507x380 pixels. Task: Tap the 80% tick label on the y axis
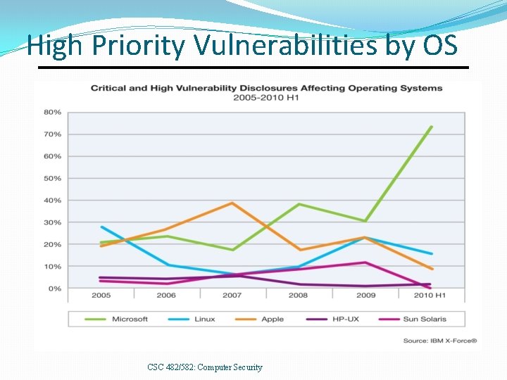(x=53, y=113)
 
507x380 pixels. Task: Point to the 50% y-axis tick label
(x=53, y=179)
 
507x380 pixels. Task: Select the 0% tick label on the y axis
(x=55, y=289)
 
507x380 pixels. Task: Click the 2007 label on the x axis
(x=232, y=296)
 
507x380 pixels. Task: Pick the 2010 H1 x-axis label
(x=430, y=296)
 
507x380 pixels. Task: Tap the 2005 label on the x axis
(x=101, y=296)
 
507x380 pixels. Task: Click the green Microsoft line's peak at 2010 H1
(x=431, y=127)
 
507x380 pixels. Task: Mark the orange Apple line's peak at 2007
(x=232, y=203)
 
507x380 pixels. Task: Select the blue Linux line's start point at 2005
(x=101, y=227)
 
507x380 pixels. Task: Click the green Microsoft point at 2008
(x=299, y=204)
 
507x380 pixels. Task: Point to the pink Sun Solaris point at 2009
(x=365, y=262)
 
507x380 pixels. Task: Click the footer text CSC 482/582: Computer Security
(x=205, y=367)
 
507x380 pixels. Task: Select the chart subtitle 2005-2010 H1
(x=266, y=97)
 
